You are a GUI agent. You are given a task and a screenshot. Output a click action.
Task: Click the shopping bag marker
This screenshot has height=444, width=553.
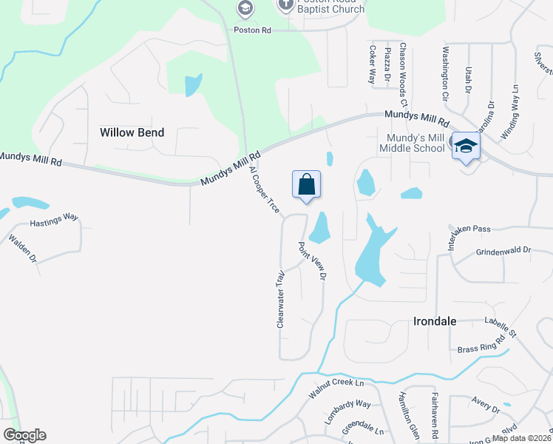(306, 185)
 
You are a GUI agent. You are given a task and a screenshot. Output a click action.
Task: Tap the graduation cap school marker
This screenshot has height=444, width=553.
(466, 146)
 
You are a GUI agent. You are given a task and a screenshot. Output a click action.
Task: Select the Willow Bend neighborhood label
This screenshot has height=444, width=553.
(132, 132)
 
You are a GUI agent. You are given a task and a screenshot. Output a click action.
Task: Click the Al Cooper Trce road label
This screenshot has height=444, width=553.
(264, 190)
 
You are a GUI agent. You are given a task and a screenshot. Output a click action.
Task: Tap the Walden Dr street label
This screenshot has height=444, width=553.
(21, 248)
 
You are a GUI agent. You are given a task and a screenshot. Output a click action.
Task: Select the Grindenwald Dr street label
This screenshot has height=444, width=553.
(503, 251)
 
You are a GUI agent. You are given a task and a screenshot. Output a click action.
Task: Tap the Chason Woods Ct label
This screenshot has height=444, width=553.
(404, 71)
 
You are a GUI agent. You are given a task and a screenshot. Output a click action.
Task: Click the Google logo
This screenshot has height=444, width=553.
(24, 435)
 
